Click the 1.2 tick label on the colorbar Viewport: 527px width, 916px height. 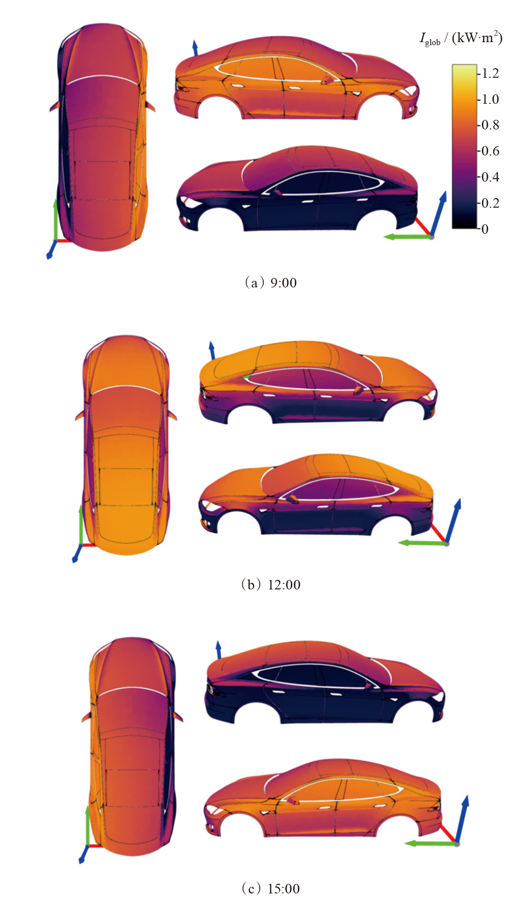pyautogui.click(x=490, y=73)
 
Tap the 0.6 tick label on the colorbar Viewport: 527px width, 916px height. pyautogui.click(x=490, y=151)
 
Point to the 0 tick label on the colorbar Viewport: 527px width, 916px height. pyautogui.click(x=485, y=229)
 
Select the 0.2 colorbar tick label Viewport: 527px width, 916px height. pyautogui.click(x=490, y=203)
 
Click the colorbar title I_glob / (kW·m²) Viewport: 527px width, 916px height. pyautogui.click(x=461, y=38)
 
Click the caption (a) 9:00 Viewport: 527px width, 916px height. pyautogui.click(x=271, y=283)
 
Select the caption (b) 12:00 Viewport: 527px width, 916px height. pyautogui.click(x=271, y=585)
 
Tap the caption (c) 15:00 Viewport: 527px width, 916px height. pyautogui.click(x=271, y=889)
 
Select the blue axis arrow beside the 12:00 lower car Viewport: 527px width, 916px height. pyautogui.click(x=454, y=519)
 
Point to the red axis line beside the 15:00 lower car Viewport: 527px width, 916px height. pyautogui.click(x=449, y=833)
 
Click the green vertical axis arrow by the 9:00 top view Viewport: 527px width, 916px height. pyautogui.click(x=55, y=218)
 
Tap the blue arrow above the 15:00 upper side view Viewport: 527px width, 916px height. pyautogui.click(x=219, y=649)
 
